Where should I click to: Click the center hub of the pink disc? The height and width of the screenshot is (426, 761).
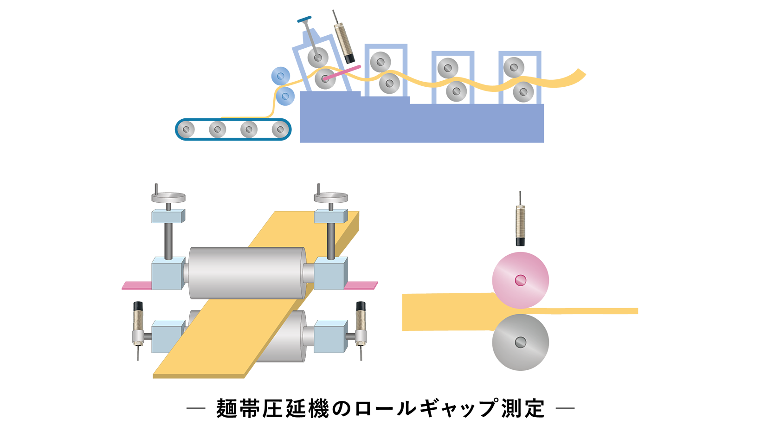click(x=520, y=280)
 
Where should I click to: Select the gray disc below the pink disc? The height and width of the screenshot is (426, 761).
click(x=520, y=342)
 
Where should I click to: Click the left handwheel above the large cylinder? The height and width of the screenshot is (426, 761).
click(x=168, y=198)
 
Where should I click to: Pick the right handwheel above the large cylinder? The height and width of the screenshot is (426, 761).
click(x=330, y=198)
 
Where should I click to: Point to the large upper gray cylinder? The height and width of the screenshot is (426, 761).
click(x=247, y=273)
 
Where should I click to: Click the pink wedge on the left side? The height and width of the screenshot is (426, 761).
click(x=135, y=274)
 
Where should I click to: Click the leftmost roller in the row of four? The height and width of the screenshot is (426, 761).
click(x=187, y=129)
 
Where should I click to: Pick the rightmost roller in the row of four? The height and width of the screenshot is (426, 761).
click(x=279, y=129)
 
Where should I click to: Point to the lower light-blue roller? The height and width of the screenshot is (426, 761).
click(x=285, y=97)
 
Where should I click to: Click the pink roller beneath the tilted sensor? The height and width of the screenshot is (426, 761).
click(x=324, y=79)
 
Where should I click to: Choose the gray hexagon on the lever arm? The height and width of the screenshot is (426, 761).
click(x=306, y=24)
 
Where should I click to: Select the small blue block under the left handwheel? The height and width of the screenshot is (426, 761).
click(x=168, y=216)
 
